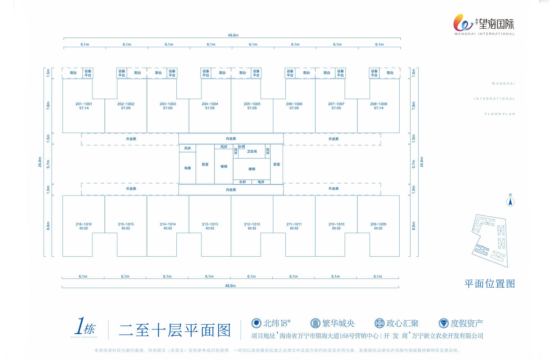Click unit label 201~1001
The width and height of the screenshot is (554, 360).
pos(84,104)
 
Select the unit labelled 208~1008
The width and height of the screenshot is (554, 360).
pos(378,104)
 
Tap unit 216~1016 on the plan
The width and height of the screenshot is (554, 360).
pos(83,224)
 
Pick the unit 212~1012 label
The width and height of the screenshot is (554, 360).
pos(252,224)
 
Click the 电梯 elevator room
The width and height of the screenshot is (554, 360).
pos(187,168)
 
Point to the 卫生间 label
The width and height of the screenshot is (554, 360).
pos(252,152)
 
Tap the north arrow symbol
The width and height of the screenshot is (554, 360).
pos(510,202)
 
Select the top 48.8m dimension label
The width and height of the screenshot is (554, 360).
pos(233,35)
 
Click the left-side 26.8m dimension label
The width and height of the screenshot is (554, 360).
pos(40,162)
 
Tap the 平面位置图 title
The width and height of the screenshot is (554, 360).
pos(490,284)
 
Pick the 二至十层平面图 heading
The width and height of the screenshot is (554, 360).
pos(175,330)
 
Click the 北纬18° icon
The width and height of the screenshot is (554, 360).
pos(256,323)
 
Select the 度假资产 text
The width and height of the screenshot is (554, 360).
pos(467,323)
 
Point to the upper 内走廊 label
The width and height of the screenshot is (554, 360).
pos(231,139)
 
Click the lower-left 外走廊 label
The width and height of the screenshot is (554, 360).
pos(131,189)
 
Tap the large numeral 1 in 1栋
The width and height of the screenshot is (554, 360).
pos(80,326)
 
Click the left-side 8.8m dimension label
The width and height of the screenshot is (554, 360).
pos(48,226)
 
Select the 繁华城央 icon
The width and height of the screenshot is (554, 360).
pos(315,323)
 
